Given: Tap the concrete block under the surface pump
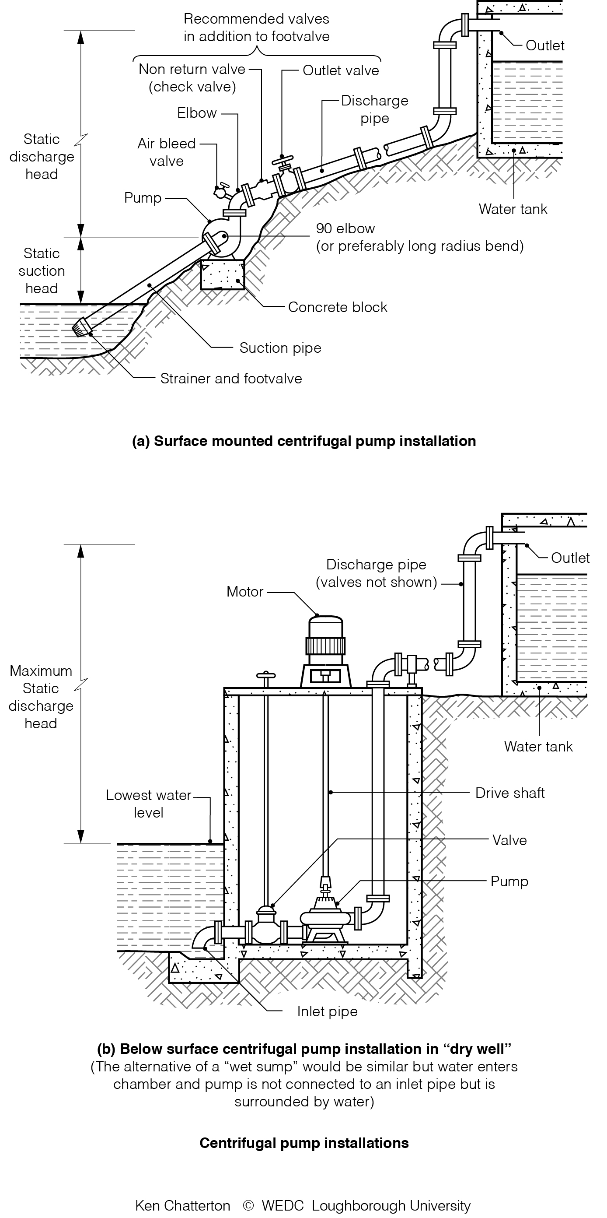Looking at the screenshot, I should (223, 275).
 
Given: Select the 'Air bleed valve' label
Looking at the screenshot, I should (166, 152).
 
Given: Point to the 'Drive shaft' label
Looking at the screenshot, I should (509, 793).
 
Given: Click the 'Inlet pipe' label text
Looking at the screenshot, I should (327, 1011).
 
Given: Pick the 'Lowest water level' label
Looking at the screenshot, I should (148, 804).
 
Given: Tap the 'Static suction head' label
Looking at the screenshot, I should (42, 271).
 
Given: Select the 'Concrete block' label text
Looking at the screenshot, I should (337, 307).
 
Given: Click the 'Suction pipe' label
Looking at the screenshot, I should (280, 348).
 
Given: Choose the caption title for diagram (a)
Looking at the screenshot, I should (304, 441).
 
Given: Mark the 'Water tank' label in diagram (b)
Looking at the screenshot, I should (538, 747).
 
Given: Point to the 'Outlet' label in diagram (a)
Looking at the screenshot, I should (544, 46).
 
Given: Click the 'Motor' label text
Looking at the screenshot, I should (245, 592).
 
